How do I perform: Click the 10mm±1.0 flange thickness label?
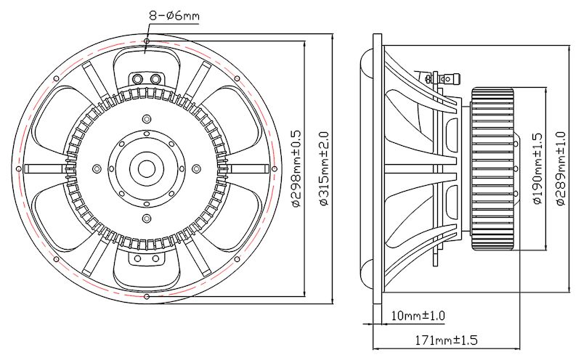418,316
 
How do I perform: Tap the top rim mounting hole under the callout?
147,43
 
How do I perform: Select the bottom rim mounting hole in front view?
147,297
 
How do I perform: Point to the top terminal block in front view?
147,78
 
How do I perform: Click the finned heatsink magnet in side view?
495,169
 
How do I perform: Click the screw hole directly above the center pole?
147,134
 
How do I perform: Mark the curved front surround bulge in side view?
365,168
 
